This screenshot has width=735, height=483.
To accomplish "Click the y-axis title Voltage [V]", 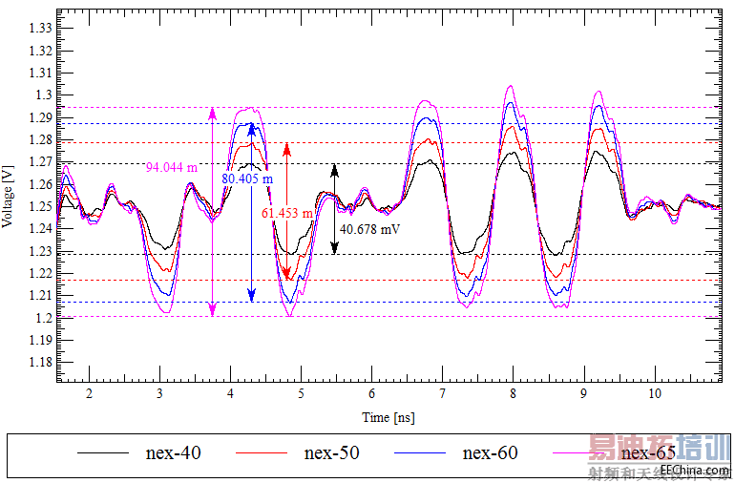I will tap(9, 196).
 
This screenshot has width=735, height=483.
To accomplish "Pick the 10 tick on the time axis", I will tap(654, 393).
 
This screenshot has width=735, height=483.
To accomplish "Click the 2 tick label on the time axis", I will tap(89, 393).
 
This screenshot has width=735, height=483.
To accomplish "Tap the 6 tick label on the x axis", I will tap(371, 393).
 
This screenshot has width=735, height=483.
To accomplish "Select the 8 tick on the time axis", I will tap(513, 393).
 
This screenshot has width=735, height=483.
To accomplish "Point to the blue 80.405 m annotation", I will tap(247, 178).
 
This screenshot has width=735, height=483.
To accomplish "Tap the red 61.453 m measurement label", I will tap(287, 214).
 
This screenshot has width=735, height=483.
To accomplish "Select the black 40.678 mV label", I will tap(371, 229).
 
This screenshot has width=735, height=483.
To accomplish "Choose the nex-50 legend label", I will tap(331, 452).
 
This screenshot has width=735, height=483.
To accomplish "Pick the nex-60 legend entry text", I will tap(490, 452).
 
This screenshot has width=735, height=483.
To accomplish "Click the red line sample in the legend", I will tap(262, 453).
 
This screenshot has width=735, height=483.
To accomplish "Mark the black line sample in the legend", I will tap(102, 453).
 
